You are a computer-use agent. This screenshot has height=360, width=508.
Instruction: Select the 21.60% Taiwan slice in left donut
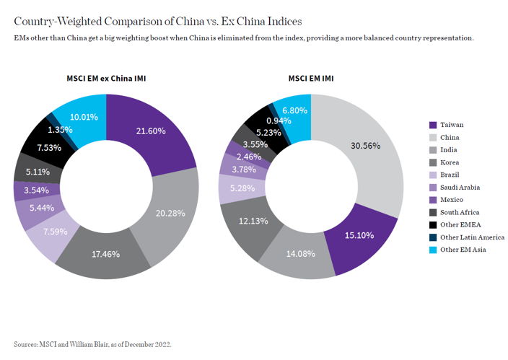point(151,131)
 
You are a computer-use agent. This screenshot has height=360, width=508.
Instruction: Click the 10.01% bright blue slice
point(84,117)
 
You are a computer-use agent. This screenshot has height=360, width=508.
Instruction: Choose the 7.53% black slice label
point(48,147)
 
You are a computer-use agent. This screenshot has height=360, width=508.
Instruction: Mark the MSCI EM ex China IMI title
point(106,78)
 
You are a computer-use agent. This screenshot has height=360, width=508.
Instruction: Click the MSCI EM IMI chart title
point(310,78)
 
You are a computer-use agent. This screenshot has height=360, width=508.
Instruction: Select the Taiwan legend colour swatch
point(432,125)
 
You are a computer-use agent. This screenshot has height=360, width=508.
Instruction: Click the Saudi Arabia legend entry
point(459,188)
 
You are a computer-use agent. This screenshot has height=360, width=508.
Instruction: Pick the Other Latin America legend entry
point(472,237)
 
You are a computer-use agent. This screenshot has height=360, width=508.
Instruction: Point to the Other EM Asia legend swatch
point(432,250)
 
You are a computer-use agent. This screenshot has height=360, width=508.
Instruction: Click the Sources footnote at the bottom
point(92,344)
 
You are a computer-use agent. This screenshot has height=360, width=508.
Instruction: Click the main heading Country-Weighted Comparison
point(158,21)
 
